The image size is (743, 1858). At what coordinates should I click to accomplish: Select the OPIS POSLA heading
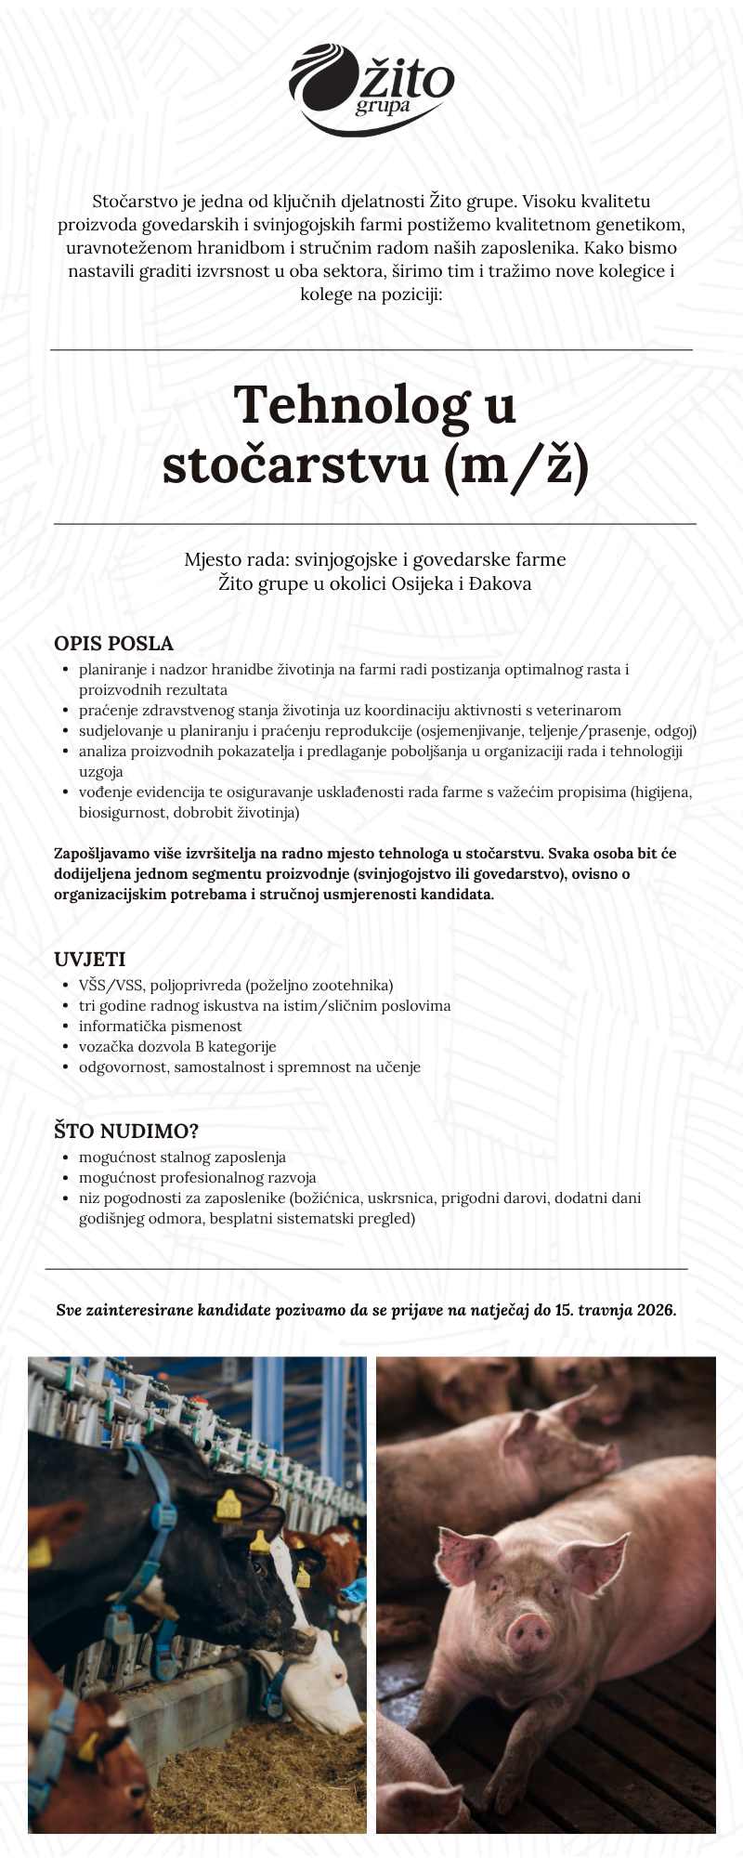113,644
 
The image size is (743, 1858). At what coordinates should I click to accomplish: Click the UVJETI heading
89,960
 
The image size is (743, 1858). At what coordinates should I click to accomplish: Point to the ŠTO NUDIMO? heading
126,1132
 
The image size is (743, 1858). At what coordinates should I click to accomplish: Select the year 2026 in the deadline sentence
656,1311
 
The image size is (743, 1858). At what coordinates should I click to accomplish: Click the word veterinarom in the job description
579,711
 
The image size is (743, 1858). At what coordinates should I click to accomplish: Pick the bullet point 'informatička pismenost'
160,1027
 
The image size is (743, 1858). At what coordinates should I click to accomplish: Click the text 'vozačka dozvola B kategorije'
177,1047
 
